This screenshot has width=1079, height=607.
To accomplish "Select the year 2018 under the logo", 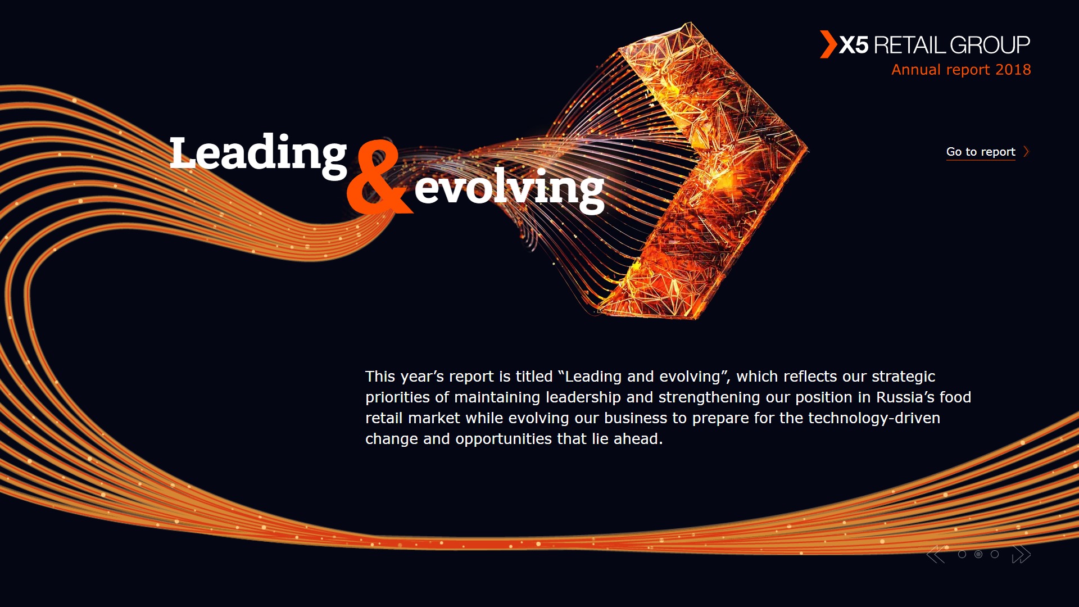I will pyautogui.click(x=1013, y=70).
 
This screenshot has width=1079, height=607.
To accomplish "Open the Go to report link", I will pyautogui.click(x=981, y=152).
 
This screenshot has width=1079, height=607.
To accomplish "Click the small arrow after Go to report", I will pyautogui.click(x=1026, y=152).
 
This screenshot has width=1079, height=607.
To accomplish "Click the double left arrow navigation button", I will pyautogui.click(x=936, y=555).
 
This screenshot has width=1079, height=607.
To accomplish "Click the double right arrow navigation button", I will pyautogui.click(x=1021, y=555).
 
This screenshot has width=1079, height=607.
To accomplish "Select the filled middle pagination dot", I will pyautogui.click(x=978, y=555).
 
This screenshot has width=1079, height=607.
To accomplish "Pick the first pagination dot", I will pyautogui.click(x=962, y=555).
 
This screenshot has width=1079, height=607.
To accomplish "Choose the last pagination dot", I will pyautogui.click(x=995, y=555).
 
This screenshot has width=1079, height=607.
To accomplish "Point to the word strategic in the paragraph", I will pyautogui.click(x=903, y=377).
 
